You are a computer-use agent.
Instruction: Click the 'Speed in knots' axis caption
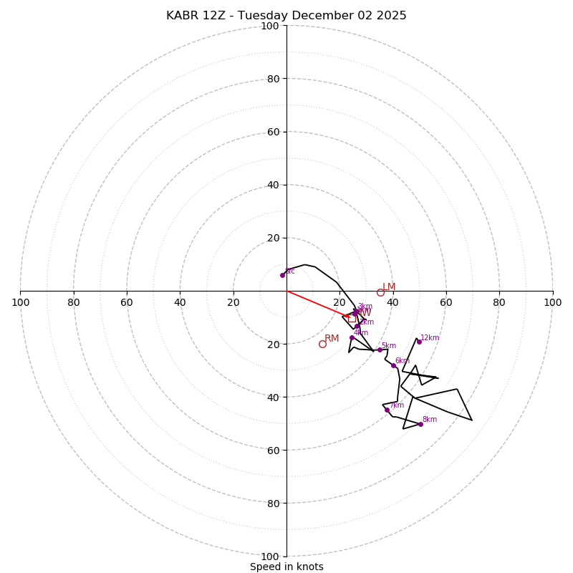286,567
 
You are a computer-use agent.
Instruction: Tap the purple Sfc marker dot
282,275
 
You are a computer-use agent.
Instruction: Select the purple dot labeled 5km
380,350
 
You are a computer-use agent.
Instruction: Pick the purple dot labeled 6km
393,365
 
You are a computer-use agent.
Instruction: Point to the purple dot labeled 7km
387,410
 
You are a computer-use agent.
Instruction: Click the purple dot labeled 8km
420,424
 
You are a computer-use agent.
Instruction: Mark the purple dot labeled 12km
419,342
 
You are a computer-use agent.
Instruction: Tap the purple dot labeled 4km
352,337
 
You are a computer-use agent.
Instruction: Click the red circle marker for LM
380,292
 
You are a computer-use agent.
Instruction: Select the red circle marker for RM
322,344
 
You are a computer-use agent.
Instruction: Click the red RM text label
332,338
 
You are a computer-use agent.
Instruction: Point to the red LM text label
389,287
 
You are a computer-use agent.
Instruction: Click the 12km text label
430,338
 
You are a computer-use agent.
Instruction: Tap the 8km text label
430,420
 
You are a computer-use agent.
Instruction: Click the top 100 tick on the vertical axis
270,27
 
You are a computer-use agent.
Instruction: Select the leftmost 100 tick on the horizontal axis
20,302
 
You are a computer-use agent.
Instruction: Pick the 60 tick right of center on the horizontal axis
446,302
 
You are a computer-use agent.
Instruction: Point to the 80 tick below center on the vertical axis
270,504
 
